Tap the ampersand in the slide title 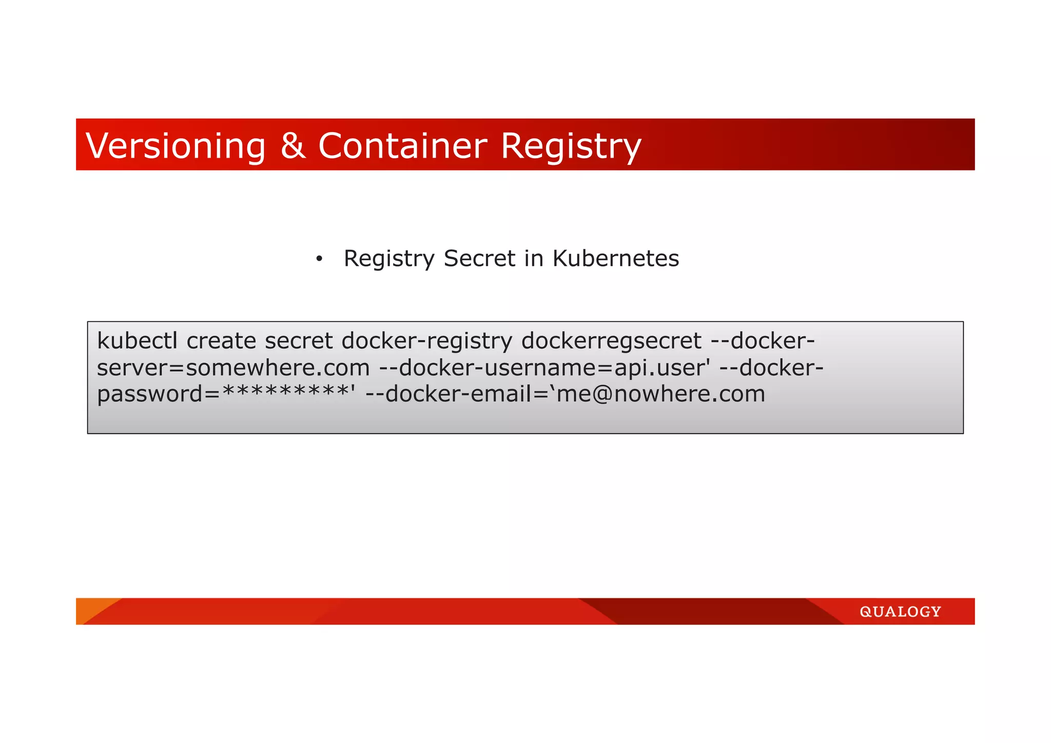coord(293,146)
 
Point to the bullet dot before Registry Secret coord(319,259)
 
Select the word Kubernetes coord(615,258)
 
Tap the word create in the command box coord(221,341)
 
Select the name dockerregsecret coord(611,341)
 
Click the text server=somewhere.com coord(233,368)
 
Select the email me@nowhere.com coord(661,394)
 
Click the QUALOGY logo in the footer coord(900,612)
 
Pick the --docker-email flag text coord(452,394)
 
